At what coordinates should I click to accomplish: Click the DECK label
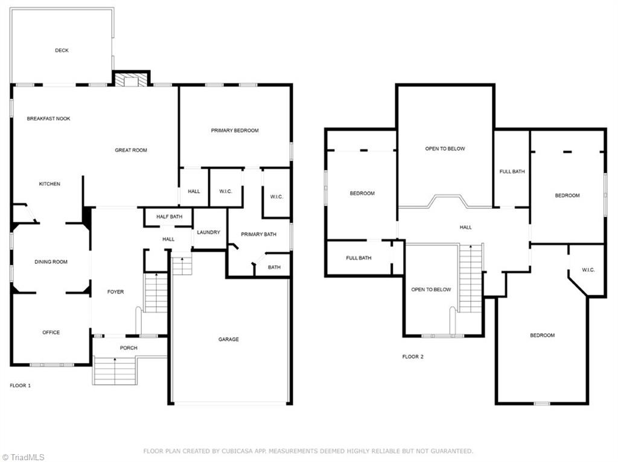click(x=62, y=51)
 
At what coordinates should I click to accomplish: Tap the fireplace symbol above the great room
click(x=131, y=80)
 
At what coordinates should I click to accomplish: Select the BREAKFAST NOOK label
click(x=48, y=119)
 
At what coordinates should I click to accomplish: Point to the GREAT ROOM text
click(x=131, y=150)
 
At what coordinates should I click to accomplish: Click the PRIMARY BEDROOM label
click(x=235, y=130)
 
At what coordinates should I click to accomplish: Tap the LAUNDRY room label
click(x=209, y=233)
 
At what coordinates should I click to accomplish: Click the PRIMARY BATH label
click(x=259, y=234)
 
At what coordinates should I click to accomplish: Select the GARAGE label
click(x=229, y=339)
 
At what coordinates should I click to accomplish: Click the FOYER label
click(x=115, y=292)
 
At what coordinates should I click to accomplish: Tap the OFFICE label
click(x=51, y=333)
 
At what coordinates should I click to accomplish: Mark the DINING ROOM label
click(x=51, y=262)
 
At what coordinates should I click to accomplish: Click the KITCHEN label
click(x=49, y=184)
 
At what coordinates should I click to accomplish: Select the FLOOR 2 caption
click(x=413, y=357)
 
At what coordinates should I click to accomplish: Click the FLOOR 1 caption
click(x=21, y=385)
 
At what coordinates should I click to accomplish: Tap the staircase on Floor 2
click(x=471, y=278)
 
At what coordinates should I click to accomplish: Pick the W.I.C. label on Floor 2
click(x=588, y=270)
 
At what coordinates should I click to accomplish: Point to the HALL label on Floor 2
click(x=465, y=228)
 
